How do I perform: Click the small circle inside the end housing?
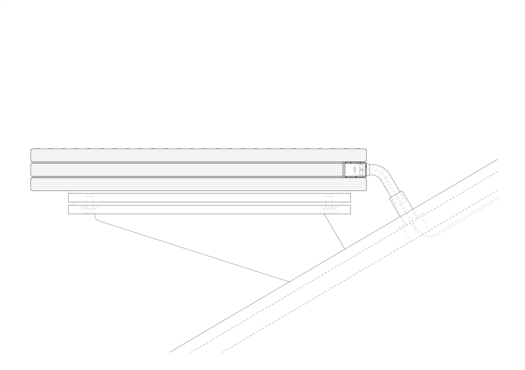click(362, 169)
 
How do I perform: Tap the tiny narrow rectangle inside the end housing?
click(354, 169)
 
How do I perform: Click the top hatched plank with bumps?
click(198, 155)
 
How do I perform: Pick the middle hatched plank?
click(187, 169)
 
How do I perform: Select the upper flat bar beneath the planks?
click(209, 198)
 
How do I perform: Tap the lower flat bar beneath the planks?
click(209, 210)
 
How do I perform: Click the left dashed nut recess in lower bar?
click(90, 210)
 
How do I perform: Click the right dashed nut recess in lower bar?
click(329, 210)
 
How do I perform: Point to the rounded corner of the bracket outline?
click(97, 219)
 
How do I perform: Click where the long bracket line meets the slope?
click(289, 282)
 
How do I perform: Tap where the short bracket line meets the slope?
click(345, 249)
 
